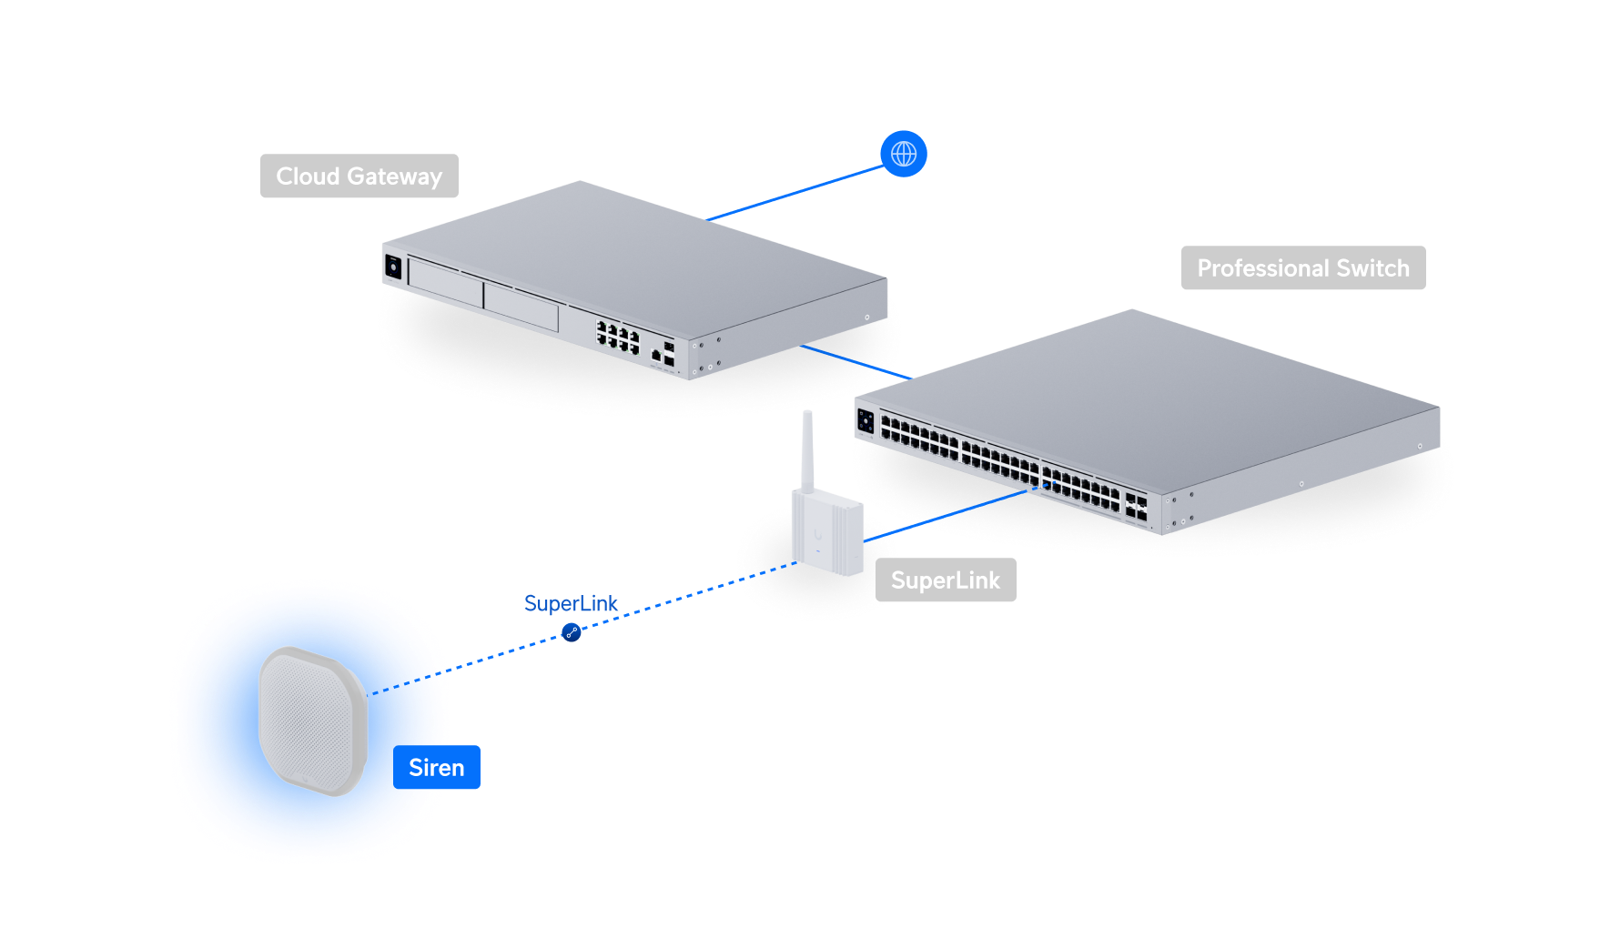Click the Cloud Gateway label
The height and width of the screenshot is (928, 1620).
[x=359, y=176]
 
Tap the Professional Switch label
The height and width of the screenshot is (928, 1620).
[x=1302, y=268]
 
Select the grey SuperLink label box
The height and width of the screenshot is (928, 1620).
[x=945, y=580]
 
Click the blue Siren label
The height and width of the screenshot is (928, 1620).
[x=437, y=768]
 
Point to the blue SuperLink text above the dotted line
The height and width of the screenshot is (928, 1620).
[x=571, y=603]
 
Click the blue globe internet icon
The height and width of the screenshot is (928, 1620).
[x=904, y=154]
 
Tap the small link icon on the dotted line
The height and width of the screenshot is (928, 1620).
[x=572, y=631]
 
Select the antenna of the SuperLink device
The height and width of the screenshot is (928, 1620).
[x=806, y=450]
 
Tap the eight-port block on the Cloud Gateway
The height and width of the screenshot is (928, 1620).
[x=618, y=337]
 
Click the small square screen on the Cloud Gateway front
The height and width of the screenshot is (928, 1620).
[x=394, y=267]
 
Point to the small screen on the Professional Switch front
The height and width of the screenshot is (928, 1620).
[x=866, y=421]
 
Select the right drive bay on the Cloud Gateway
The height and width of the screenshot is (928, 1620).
[x=521, y=306]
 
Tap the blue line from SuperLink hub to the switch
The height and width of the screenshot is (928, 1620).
[x=947, y=516]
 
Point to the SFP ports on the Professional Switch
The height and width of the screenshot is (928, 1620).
[x=1136, y=508]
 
